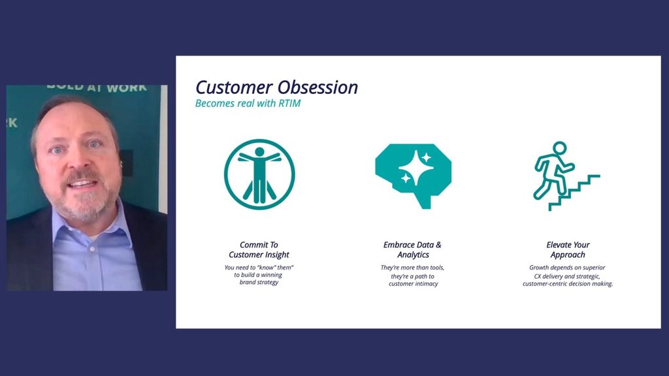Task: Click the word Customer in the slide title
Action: (x=234, y=87)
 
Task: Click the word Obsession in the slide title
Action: (x=318, y=87)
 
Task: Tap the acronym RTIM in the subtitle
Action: (x=289, y=103)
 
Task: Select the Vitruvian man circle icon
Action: (x=259, y=174)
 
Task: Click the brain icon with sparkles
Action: (x=413, y=176)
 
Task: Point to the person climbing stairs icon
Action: (x=566, y=176)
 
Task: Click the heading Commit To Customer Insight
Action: (x=259, y=250)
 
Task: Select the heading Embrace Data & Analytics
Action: (x=413, y=250)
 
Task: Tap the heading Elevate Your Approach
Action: (x=568, y=250)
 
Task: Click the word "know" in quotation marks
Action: (x=267, y=268)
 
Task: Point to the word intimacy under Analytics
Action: (x=425, y=284)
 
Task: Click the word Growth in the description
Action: (x=539, y=268)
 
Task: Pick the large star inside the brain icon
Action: (x=416, y=166)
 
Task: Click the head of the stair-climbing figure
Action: (x=559, y=148)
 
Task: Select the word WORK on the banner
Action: (x=127, y=88)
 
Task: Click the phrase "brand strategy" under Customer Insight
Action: (x=259, y=282)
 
